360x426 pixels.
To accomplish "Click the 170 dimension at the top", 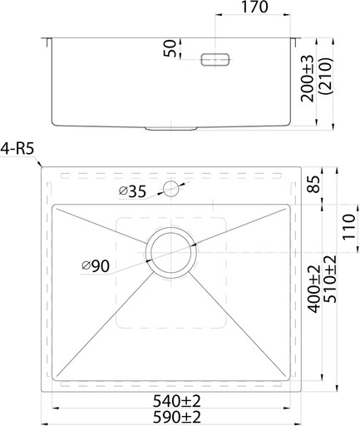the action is (x=254, y=7).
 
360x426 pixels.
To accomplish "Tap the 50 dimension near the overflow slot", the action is (x=170, y=48).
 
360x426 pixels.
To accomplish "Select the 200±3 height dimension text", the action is (x=308, y=78).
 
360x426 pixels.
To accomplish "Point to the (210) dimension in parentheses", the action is (x=325, y=77).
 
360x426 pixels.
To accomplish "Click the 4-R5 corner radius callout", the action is (x=17, y=149).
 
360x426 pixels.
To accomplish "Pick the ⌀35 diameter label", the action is (x=132, y=191).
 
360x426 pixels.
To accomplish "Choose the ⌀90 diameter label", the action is (x=96, y=266).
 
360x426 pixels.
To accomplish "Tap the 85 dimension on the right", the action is (x=314, y=184).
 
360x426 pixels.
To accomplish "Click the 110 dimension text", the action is (x=348, y=226).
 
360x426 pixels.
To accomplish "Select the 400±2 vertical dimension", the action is (x=314, y=289).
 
